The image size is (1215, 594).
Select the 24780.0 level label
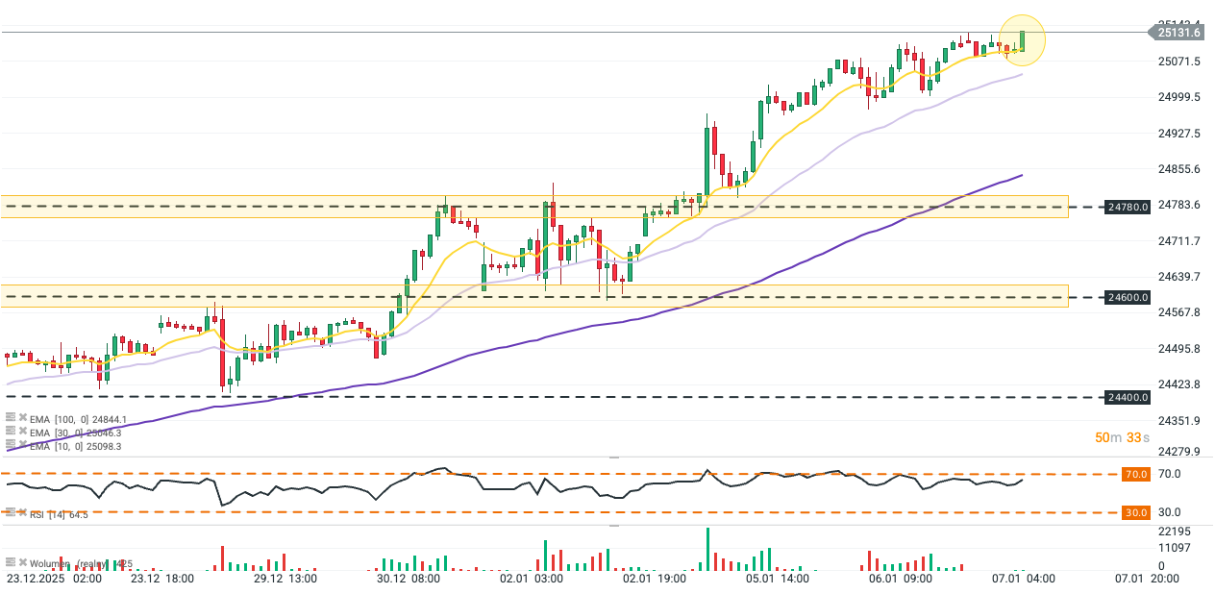coord(1128,207)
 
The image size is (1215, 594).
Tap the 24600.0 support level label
coord(1128,298)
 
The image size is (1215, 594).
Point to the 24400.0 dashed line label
coord(1128,397)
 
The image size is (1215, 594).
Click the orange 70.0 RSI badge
coord(1136,475)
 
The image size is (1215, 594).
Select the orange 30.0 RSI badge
coord(1136,513)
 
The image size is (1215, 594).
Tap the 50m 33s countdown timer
coord(1121,437)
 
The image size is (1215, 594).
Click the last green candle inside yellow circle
coord(1023,40)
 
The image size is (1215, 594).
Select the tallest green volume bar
coord(707,548)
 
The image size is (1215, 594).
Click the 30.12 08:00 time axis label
coord(409,580)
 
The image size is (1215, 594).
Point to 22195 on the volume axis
coord(1175,532)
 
